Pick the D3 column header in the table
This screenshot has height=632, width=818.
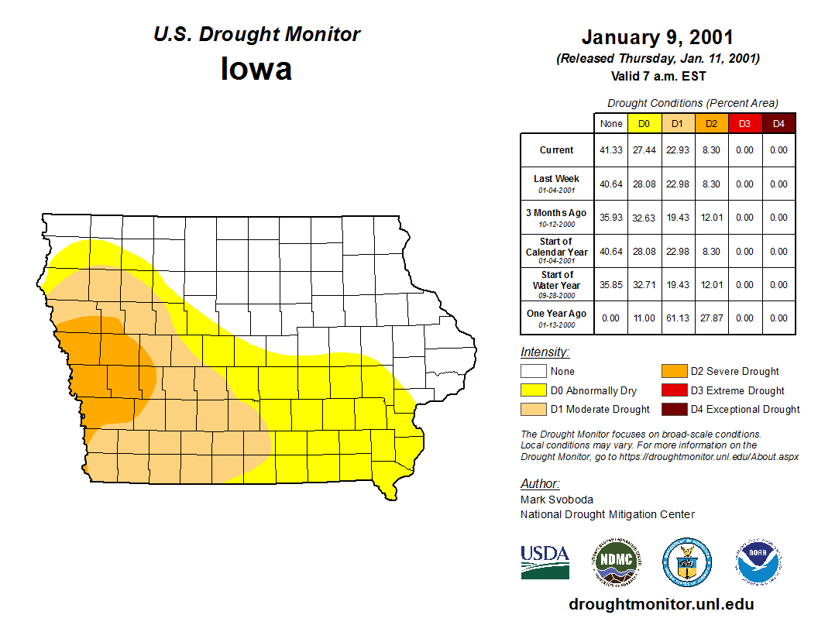pos(744,124)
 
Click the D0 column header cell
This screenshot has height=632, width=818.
pos(644,124)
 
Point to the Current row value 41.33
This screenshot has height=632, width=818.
pos(611,150)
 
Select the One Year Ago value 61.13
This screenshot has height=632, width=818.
pos(678,318)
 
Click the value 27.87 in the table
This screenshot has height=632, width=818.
pos(711,318)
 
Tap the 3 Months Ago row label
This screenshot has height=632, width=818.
pos(556,217)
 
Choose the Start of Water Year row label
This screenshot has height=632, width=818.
pos(556,284)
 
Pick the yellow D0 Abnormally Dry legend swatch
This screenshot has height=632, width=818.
pos(534,390)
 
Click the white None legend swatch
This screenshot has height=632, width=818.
pos(534,372)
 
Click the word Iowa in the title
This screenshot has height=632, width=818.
pos(256,69)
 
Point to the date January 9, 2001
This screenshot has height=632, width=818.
pos(657,37)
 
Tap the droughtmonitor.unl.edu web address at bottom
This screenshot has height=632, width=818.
pos(661,604)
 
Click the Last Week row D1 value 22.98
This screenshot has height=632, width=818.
pos(678,184)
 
